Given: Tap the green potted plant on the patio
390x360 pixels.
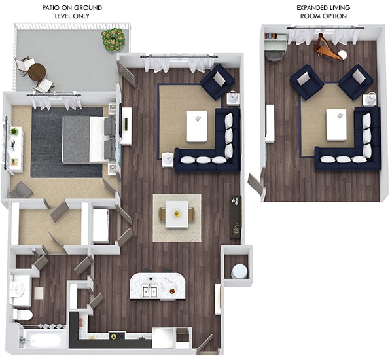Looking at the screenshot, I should coord(113,39).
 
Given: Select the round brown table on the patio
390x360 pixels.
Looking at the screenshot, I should coord(37,71).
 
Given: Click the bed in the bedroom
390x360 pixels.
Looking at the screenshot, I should coord(86,139).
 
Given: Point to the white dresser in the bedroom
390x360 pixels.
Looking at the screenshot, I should coord(14,149).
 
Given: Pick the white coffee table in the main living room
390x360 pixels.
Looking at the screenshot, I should coord(196,126).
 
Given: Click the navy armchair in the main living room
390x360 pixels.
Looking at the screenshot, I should coord(217,82).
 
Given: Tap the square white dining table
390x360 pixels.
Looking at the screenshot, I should coord(177,214).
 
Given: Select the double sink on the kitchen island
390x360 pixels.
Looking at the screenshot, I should coord(149,291).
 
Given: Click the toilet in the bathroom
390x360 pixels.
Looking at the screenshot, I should coord(23,315).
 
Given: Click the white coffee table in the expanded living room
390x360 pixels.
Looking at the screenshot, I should coord(336,124).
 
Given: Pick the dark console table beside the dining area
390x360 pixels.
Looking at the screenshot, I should coord(235,216).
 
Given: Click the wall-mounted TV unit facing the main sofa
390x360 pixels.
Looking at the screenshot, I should coord(126,125).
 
